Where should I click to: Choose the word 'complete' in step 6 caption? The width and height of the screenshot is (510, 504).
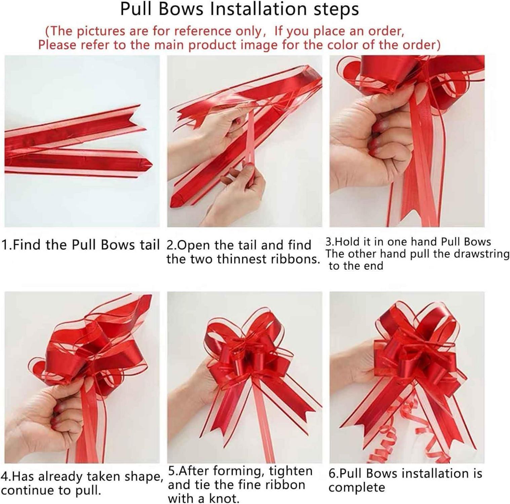pos(357,488)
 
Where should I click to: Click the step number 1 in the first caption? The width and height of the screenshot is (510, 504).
pos(4,245)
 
